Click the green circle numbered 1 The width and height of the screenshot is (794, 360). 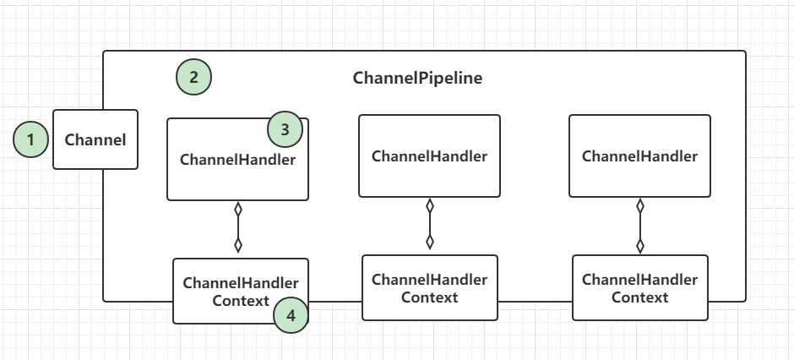pos(31,139)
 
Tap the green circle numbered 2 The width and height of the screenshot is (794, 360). pos(194,78)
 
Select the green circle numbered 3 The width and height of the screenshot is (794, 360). pos(286,129)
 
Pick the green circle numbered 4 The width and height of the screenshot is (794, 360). pos(291,315)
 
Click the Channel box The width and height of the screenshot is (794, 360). pos(95,139)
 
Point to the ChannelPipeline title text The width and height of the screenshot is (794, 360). pos(418,78)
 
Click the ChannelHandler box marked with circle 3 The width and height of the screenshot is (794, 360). pos(237,159)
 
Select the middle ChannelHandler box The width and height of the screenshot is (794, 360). pos(429,156)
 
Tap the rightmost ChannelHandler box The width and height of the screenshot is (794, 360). pos(639,156)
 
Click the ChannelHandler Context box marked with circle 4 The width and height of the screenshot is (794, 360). pos(241,292)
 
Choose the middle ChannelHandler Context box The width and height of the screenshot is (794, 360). pos(430,287)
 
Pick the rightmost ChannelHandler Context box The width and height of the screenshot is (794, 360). pos(640,287)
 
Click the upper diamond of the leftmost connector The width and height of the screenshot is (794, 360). pos(238,209)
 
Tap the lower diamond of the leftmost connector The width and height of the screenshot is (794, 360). pos(238,246)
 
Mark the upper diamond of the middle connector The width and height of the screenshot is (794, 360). pos(430,205)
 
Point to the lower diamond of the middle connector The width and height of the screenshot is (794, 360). pos(430,242)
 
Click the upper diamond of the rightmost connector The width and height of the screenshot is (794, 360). pos(640,205)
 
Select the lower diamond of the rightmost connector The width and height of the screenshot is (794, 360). pos(640,246)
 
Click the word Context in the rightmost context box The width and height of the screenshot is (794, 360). pos(640,297)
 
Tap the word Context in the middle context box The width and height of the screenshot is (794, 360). pos(430,297)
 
